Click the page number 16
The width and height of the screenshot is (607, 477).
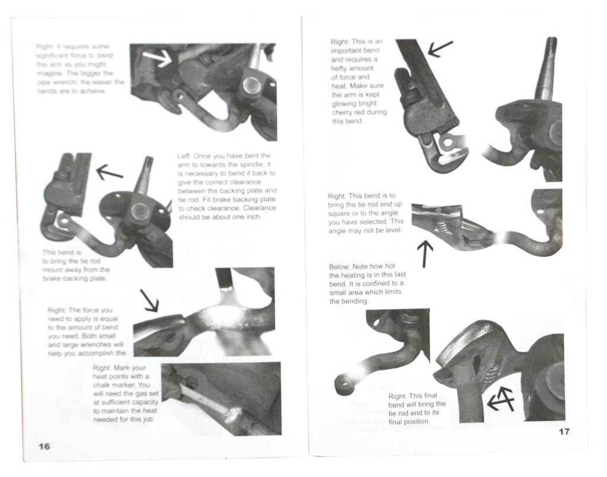tap(43, 446)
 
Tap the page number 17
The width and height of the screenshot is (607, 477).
tap(564, 431)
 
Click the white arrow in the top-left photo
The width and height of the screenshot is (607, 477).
tap(157, 58)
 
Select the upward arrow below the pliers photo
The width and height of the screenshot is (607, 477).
tap(425, 253)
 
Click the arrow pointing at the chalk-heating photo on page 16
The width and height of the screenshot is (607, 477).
tap(149, 300)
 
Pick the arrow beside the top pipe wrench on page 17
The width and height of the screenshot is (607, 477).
tap(439, 48)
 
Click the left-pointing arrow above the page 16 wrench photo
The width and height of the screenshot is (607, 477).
tap(109, 173)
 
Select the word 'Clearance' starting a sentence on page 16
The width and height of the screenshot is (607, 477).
tap(260, 208)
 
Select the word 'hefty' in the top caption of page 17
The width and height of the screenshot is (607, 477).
tap(342, 68)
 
